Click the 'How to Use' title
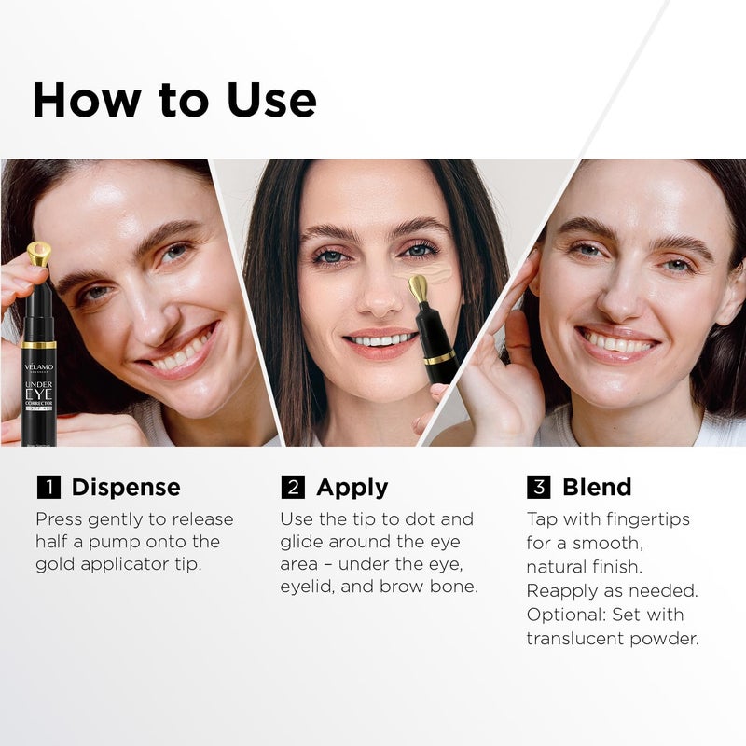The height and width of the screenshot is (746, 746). [174, 100]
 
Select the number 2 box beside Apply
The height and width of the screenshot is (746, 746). [292, 488]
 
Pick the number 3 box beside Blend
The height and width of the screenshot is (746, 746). [538, 488]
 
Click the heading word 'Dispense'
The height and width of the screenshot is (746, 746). [126, 488]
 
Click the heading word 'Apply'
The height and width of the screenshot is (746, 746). [352, 488]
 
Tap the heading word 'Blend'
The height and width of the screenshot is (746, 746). [597, 488]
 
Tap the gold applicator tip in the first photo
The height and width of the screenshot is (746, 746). [38, 253]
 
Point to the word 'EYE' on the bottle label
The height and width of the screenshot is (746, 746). [39, 394]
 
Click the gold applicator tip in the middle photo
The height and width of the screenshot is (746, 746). [419, 287]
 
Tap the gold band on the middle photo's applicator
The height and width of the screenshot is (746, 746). [439, 357]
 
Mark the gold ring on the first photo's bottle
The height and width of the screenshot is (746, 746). [39, 345]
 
